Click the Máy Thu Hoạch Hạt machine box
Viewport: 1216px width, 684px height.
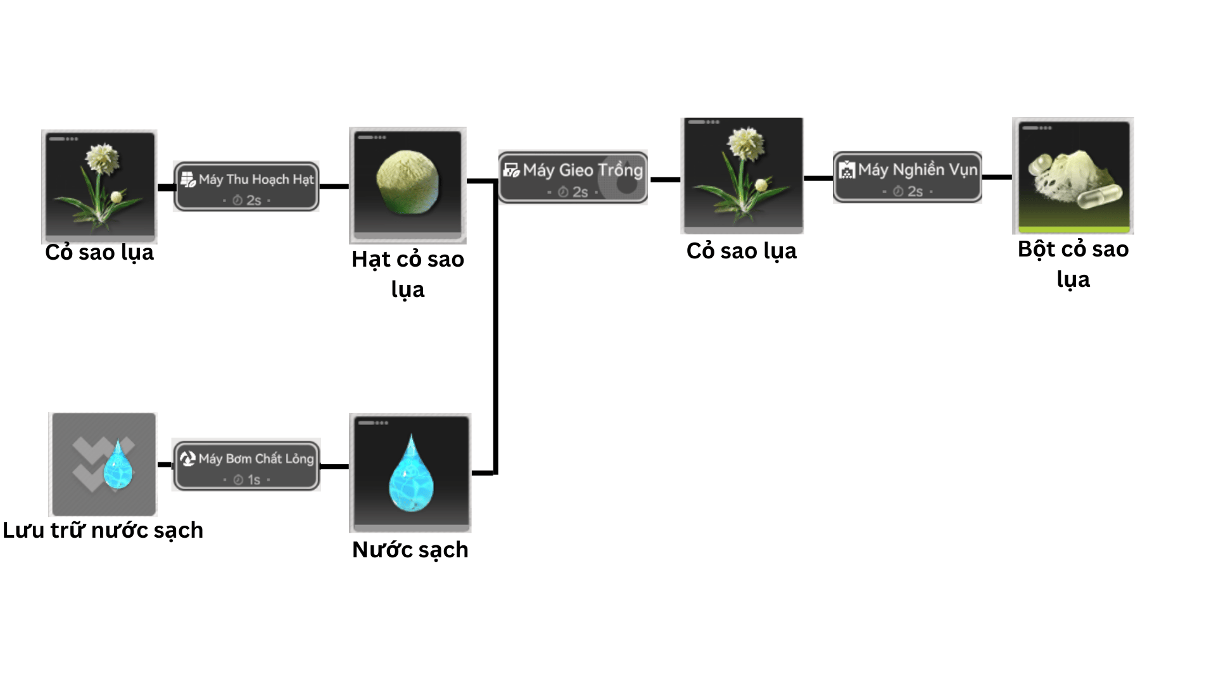246,186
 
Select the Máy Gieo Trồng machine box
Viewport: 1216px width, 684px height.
573,177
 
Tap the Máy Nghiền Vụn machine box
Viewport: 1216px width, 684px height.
907,177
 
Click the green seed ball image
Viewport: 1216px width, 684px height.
407,182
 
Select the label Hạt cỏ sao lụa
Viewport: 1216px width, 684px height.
408,274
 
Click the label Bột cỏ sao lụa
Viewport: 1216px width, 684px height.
1073,264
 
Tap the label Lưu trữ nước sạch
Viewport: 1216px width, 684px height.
103,530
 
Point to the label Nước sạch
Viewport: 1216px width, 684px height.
410,550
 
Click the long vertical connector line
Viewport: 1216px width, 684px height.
496,329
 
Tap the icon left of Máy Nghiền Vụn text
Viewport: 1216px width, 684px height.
847,170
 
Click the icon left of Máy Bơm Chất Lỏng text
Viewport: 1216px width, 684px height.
187,459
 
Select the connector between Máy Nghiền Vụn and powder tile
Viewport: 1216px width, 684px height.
997,177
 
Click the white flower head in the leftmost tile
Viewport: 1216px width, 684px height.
102,158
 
